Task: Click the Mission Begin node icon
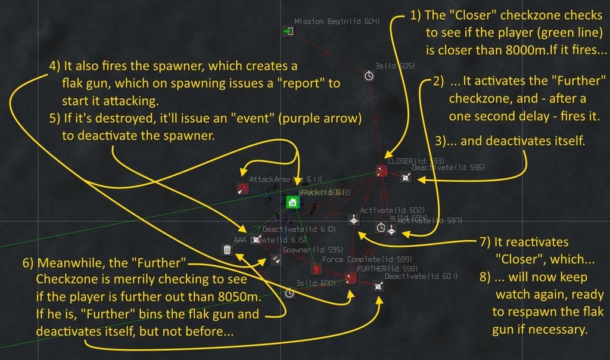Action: pos(288,32)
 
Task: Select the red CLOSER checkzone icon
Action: pos(382,172)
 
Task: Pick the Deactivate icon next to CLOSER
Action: pos(405,177)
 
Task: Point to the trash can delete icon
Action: pos(227,250)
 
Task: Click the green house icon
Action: pos(292,203)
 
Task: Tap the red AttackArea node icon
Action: pos(242,189)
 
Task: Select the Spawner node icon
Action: pos(276,259)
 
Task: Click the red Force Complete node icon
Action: pos(315,269)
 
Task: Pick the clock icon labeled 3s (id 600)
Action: pos(290,293)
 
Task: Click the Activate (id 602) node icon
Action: pos(354,220)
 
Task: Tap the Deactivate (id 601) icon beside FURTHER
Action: pos(379,286)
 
